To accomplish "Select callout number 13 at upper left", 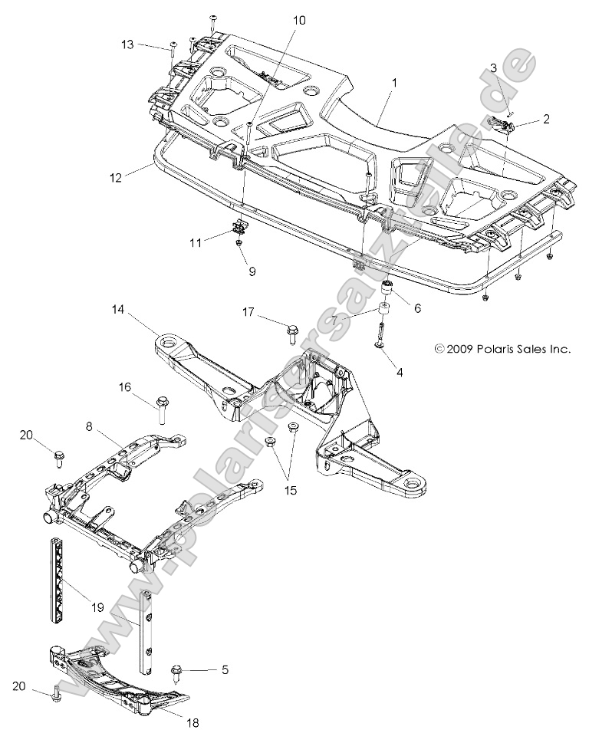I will click(127, 45).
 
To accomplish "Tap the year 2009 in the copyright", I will click(455, 349).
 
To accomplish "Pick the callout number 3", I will click(494, 68).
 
